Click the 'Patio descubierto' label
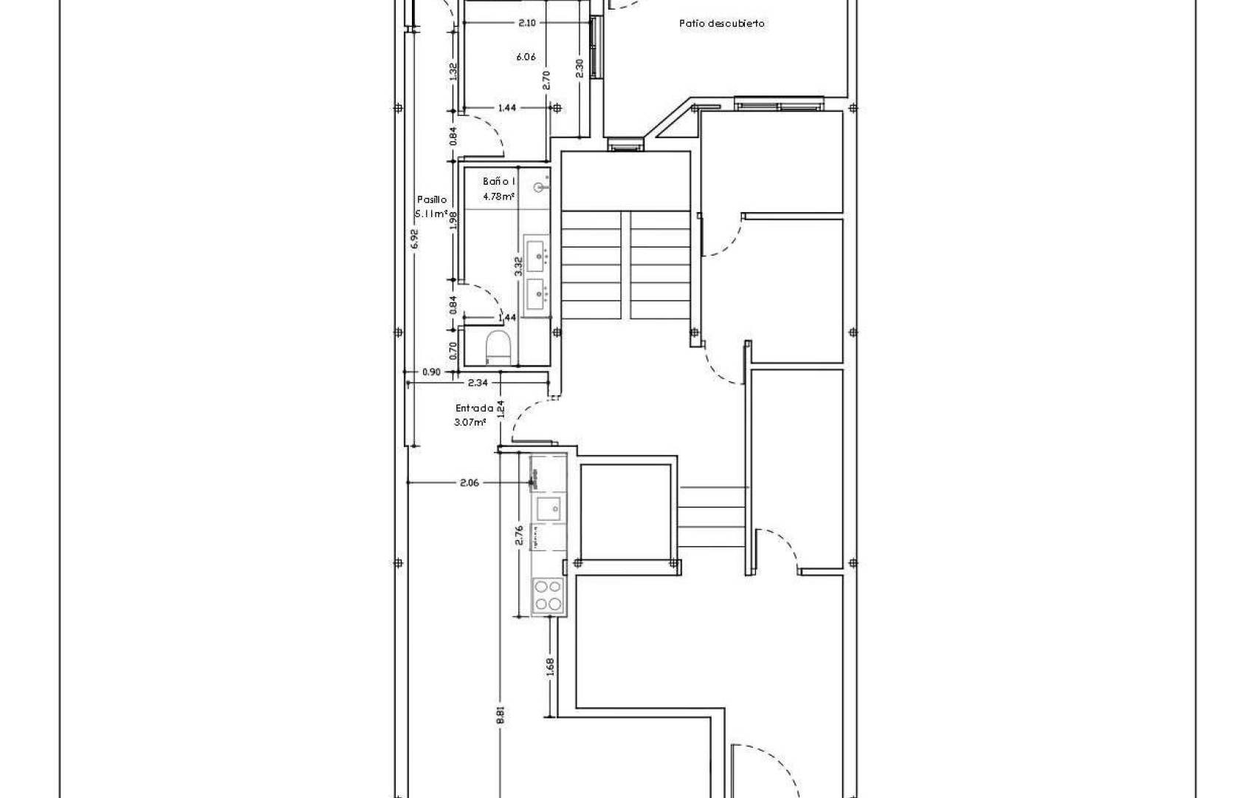click(721, 24)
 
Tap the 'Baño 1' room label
click(499, 181)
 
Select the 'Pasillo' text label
click(432, 199)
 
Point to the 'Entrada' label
click(474, 408)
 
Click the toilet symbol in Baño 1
click(498, 347)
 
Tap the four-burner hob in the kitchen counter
click(548, 595)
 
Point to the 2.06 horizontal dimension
click(470, 482)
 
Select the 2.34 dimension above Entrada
click(478, 382)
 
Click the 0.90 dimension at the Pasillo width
click(431, 372)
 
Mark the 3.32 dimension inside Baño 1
click(518, 265)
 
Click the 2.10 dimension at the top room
click(526, 23)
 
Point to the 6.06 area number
click(526, 57)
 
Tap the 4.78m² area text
click(498, 197)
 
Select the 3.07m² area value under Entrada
click(470, 423)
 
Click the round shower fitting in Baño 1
click(543, 188)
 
